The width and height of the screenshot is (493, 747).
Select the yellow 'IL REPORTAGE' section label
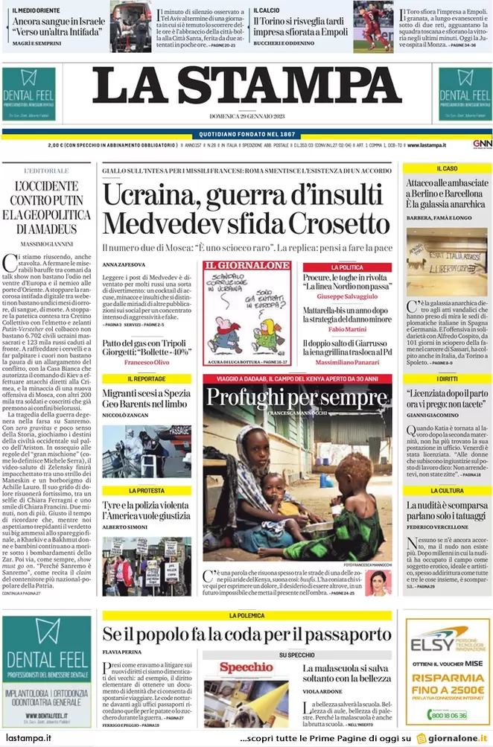point(146,379)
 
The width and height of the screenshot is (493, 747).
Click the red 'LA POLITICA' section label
point(346,267)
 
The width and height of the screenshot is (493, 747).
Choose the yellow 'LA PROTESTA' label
point(146,491)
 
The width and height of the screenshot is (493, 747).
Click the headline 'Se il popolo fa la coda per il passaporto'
point(246,635)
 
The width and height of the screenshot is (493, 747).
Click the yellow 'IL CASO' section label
point(447,169)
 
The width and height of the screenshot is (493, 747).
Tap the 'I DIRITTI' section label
point(447,379)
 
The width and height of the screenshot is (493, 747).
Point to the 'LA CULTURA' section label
point(447,491)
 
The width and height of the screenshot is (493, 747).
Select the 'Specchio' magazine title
point(246,668)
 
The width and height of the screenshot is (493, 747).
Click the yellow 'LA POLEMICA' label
point(246,616)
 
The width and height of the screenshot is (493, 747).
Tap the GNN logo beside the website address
point(481,144)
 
